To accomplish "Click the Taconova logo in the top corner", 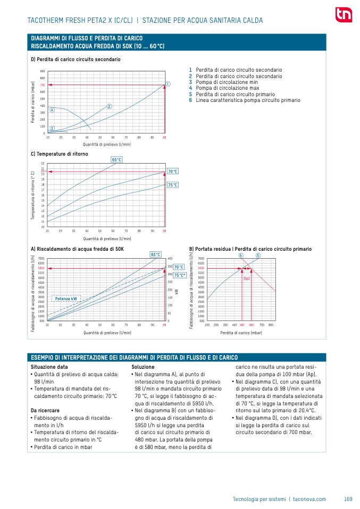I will (x=343, y=15).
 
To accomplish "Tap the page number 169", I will (x=348, y=499).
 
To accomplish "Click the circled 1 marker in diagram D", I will (x=168, y=84).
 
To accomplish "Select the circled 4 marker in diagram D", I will (x=52, y=110).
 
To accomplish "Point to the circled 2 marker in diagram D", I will (x=109, y=107).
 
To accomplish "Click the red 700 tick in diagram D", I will (x=43, y=85).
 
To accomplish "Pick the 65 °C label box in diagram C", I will (x=116, y=159).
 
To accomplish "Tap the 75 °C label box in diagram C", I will (x=173, y=185).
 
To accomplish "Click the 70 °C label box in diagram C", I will (x=173, y=171).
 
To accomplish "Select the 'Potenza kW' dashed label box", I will (x=66, y=299).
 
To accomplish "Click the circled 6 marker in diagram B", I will (x=241, y=256).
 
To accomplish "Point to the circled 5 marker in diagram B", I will (x=258, y=256).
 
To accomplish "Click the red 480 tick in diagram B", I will (x=242, y=324).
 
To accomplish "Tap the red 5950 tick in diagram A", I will (x=41, y=268).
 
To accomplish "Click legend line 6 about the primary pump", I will (x=244, y=100).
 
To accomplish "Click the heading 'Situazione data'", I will (x=49, y=367).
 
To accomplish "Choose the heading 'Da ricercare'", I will (x=45, y=411).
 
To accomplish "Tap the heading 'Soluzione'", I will (x=143, y=367).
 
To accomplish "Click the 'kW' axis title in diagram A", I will (x=176, y=291).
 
